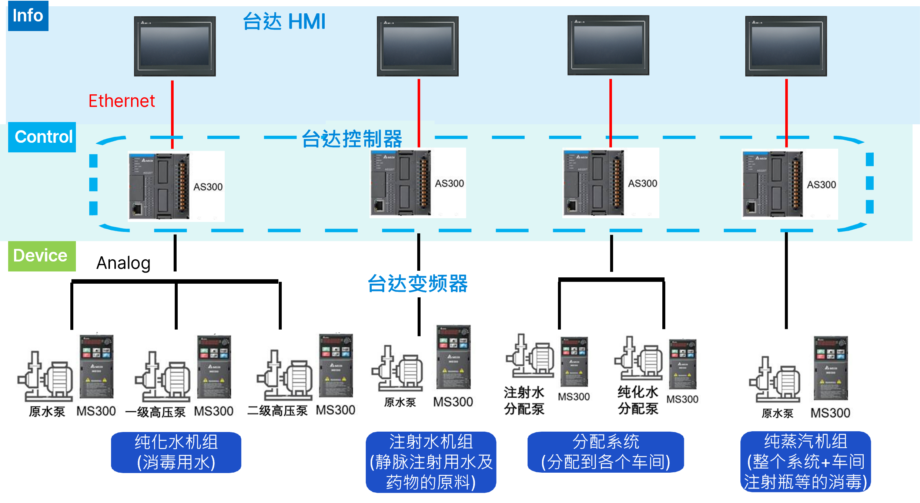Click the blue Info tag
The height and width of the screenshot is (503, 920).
tap(28, 16)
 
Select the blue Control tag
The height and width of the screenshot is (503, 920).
tap(42, 137)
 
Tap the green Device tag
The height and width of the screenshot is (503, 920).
tap(42, 256)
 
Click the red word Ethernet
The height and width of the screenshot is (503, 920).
tap(121, 101)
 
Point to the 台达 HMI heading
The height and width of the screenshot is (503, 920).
tap(284, 21)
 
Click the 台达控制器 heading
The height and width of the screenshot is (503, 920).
tap(352, 139)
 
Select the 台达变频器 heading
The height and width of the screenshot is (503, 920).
tap(418, 284)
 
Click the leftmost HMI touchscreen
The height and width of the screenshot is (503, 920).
tap(175, 46)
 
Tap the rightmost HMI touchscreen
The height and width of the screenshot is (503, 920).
tap(786, 46)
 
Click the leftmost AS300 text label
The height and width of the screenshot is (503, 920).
tap(208, 187)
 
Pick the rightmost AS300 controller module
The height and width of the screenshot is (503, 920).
tap(773, 184)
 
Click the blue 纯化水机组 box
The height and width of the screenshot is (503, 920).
tap(176, 452)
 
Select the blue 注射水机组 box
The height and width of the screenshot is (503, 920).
tap(431, 462)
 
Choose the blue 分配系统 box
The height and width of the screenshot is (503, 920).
tap(606, 452)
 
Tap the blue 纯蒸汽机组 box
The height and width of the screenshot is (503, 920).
tap(806, 462)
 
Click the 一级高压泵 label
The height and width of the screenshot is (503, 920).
tap(155, 412)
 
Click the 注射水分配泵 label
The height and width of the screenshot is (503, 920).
tap(524, 401)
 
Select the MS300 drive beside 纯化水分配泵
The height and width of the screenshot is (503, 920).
tap(683, 364)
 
